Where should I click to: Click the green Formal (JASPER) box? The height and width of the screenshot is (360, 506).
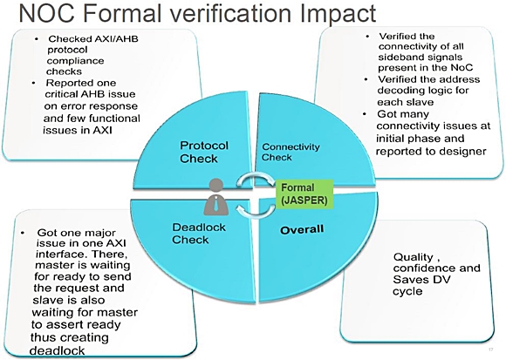[304, 194]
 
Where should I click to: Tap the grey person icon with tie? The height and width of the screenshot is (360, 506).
[215, 197]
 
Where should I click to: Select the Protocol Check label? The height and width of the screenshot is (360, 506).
[204, 152]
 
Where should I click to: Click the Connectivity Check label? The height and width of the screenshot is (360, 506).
[291, 152]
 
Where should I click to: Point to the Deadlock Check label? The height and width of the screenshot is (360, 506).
[199, 234]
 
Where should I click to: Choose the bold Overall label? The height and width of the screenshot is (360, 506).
[302, 230]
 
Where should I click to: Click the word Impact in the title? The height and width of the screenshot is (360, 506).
[338, 13]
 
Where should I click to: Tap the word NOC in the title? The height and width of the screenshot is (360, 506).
[47, 13]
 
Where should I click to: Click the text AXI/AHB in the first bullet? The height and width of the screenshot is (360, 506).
[116, 39]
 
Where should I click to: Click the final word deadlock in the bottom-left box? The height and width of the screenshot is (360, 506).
[57, 350]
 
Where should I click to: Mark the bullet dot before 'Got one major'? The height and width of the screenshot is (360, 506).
[23, 233]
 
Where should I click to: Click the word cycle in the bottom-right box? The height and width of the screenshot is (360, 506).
[407, 291]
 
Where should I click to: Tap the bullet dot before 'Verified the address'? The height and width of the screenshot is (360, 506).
[366, 79]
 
